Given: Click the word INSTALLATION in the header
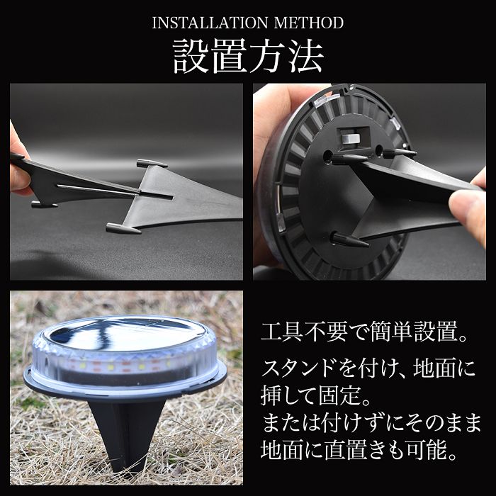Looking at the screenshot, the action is pos(210,23).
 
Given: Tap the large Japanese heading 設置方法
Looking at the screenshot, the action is pos(248,57).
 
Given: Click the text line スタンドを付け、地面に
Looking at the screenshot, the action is pos(368,368).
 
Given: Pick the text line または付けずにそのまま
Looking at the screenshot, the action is pos(371,423).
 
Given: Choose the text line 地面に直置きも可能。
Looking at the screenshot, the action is pos(359,450).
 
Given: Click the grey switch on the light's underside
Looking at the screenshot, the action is pos(351,139).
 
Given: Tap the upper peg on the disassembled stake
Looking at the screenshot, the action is pos(152,163).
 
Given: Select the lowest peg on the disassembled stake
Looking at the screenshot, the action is pos(123,228).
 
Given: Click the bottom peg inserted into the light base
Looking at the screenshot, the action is pos(349,239).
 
